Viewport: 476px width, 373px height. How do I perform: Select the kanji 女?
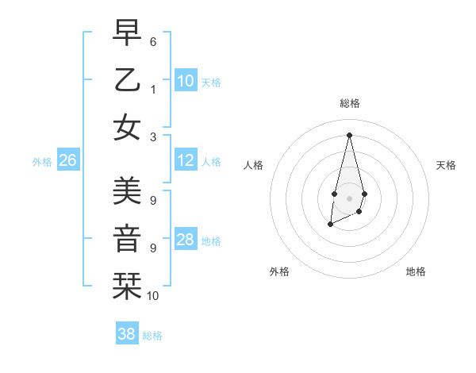pyautogui.click(x=127, y=127)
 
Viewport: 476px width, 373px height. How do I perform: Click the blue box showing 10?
pyautogui.click(x=186, y=81)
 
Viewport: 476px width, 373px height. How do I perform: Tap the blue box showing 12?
pyautogui.click(x=186, y=160)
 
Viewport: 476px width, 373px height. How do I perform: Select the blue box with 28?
pyautogui.click(x=186, y=240)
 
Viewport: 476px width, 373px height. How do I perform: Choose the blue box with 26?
pyautogui.click(x=67, y=161)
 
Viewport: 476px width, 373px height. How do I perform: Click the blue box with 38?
pyautogui.click(x=127, y=334)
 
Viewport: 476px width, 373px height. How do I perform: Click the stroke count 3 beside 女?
pyautogui.click(x=153, y=137)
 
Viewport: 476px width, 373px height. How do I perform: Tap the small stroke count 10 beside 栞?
pyautogui.click(x=153, y=296)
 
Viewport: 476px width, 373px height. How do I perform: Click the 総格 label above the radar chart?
pyautogui.click(x=349, y=103)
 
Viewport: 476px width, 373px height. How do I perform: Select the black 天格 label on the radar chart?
pyautogui.click(x=446, y=165)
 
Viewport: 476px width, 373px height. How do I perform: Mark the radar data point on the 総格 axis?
pyautogui.click(x=349, y=135)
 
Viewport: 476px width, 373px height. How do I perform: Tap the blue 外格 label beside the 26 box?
pyautogui.click(x=42, y=162)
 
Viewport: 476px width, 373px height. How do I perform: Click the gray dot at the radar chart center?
pyautogui.click(x=349, y=198)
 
